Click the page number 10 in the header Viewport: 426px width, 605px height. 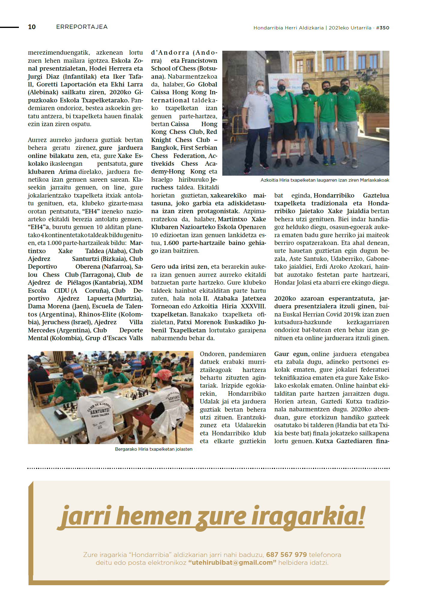32,27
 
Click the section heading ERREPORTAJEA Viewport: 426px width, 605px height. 82,27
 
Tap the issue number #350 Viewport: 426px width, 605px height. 383,28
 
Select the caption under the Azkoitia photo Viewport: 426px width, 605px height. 325,180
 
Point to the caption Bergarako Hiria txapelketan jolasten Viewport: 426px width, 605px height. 154,449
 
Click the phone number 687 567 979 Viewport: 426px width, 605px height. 286,555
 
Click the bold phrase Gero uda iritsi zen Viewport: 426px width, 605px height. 179,267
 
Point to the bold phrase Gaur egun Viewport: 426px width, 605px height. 291,354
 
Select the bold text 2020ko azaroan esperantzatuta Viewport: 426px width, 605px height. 324,298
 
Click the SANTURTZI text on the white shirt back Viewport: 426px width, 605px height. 100,411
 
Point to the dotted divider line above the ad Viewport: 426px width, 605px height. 208,468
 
